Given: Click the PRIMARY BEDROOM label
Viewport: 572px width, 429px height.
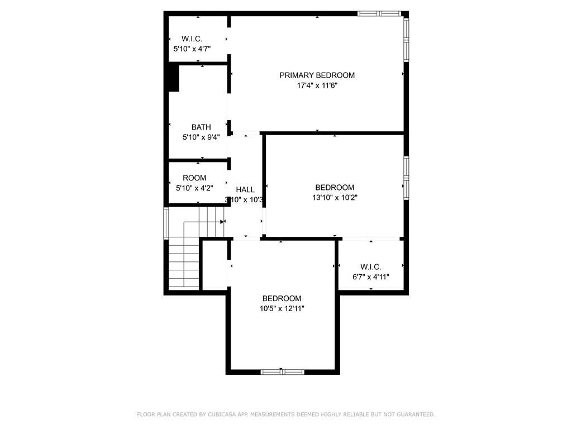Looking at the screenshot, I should pyautogui.click(x=317, y=75).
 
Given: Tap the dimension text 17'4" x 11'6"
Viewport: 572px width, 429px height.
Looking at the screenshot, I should pyautogui.click(x=317, y=85).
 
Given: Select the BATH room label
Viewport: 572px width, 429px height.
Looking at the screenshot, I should pyautogui.click(x=201, y=127).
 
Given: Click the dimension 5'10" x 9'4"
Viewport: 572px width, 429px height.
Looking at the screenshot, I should pyautogui.click(x=201, y=137).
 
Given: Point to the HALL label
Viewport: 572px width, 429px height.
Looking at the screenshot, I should pyautogui.click(x=245, y=190).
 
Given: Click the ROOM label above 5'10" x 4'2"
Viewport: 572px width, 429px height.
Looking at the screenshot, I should pyautogui.click(x=194, y=178).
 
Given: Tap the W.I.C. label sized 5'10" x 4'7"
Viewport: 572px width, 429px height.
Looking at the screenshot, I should pyautogui.click(x=192, y=39).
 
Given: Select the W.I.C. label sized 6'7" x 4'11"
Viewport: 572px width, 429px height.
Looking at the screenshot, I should pyautogui.click(x=371, y=267).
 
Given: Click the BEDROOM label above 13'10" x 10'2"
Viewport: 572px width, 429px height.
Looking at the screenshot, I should pyautogui.click(x=335, y=188).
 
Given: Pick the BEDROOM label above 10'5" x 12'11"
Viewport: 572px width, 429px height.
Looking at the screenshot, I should pyautogui.click(x=282, y=299).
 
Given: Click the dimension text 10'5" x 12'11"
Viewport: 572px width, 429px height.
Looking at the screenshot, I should pyautogui.click(x=282, y=308).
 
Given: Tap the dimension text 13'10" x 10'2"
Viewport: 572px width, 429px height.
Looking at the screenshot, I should pyautogui.click(x=335, y=197).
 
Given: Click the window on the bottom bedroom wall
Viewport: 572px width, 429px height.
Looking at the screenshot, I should pyautogui.click(x=282, y=371).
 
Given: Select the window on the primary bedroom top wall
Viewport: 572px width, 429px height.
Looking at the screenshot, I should pyautogui.click(x=379, y=13).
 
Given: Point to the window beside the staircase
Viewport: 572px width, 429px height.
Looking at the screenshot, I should pyautogui.click(x=166, y=223).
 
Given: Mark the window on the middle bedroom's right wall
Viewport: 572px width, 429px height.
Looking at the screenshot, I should pyautogui.click(x=406, y=177).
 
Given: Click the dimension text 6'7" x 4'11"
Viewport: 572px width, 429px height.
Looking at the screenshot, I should pyautogui.click(x=371, y=277).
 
